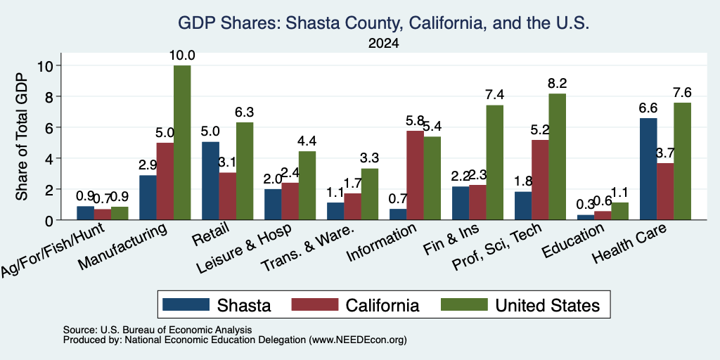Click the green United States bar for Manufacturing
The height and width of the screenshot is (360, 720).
(182, 143)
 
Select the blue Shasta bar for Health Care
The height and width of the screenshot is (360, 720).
(648, 169)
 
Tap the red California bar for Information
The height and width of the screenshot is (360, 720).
(415, 175)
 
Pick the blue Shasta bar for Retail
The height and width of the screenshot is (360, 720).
(210, 181)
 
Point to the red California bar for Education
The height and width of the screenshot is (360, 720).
(603, 215)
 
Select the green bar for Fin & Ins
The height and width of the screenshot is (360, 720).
(494, 162)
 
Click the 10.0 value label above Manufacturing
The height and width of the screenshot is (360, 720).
(182, 56)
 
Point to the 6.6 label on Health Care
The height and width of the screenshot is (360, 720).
(648, 108)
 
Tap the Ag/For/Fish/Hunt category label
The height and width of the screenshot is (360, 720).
(53, 250)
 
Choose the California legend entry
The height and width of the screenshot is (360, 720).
(355, 305)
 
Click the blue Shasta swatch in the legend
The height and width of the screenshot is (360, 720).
(186, 304)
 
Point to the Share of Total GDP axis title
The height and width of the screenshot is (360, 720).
(22, 136)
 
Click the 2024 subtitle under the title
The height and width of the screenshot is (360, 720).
(383, 44)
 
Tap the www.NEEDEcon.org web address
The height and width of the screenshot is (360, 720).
(358, 340)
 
